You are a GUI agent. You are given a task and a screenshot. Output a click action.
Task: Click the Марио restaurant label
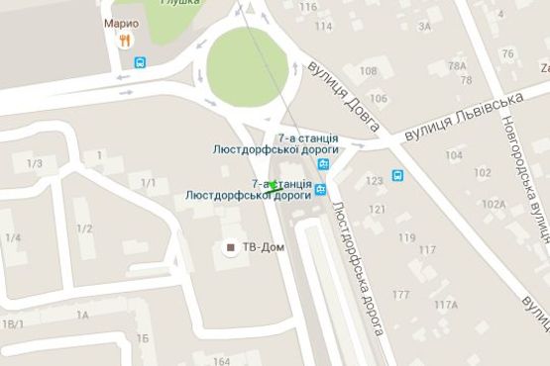(x=121, y=23)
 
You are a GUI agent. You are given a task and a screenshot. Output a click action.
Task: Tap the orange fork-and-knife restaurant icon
(x=124, y=41)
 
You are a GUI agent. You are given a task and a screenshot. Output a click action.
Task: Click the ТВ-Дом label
(x=263, y=247)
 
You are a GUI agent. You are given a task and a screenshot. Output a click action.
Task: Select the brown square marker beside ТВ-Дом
(x=232, y=247)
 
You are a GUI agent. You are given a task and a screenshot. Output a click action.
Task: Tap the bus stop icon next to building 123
(x=397, y=176)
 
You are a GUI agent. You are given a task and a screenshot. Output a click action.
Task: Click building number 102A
(x=493, y=204)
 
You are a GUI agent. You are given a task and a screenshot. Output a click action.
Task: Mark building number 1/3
(x=35, y=163)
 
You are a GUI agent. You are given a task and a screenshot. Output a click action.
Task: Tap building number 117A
(x=445, y=304)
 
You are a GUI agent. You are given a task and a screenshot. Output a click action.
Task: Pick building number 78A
(x=457, y=66)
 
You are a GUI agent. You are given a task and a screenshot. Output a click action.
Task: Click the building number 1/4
(x=13, y=238)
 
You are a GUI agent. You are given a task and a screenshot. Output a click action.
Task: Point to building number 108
(x=369, y=70)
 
